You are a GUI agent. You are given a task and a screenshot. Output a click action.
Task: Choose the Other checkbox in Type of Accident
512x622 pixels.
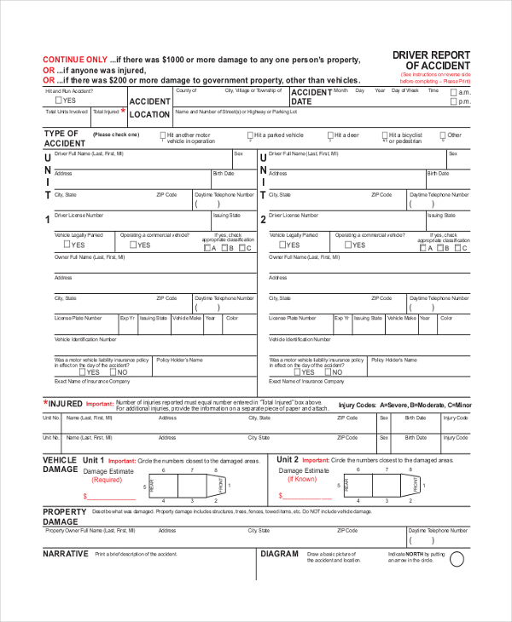[443, 135]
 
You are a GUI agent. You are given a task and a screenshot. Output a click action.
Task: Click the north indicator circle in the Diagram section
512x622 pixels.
[457, 559]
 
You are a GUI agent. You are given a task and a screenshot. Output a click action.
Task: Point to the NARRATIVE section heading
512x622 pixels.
[66, 554]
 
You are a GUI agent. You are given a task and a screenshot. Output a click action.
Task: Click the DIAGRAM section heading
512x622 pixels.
[279, 554]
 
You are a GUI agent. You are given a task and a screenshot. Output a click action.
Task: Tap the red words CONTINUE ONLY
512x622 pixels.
[75, 60]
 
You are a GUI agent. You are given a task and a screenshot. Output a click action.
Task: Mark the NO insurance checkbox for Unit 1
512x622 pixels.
[112, 372]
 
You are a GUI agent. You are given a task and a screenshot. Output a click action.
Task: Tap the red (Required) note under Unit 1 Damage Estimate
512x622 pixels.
[108, 480]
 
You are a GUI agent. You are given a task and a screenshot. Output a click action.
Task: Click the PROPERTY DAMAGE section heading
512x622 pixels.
[65, 516]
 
